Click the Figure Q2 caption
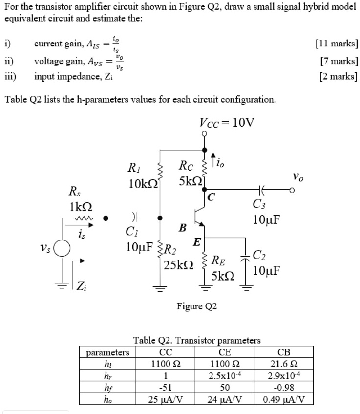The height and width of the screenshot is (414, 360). tap(197, 306)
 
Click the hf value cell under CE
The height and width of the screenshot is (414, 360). tap(225, 388)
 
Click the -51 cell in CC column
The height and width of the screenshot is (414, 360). tap(165, 388)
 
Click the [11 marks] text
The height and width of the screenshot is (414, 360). tap(337, 44)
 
